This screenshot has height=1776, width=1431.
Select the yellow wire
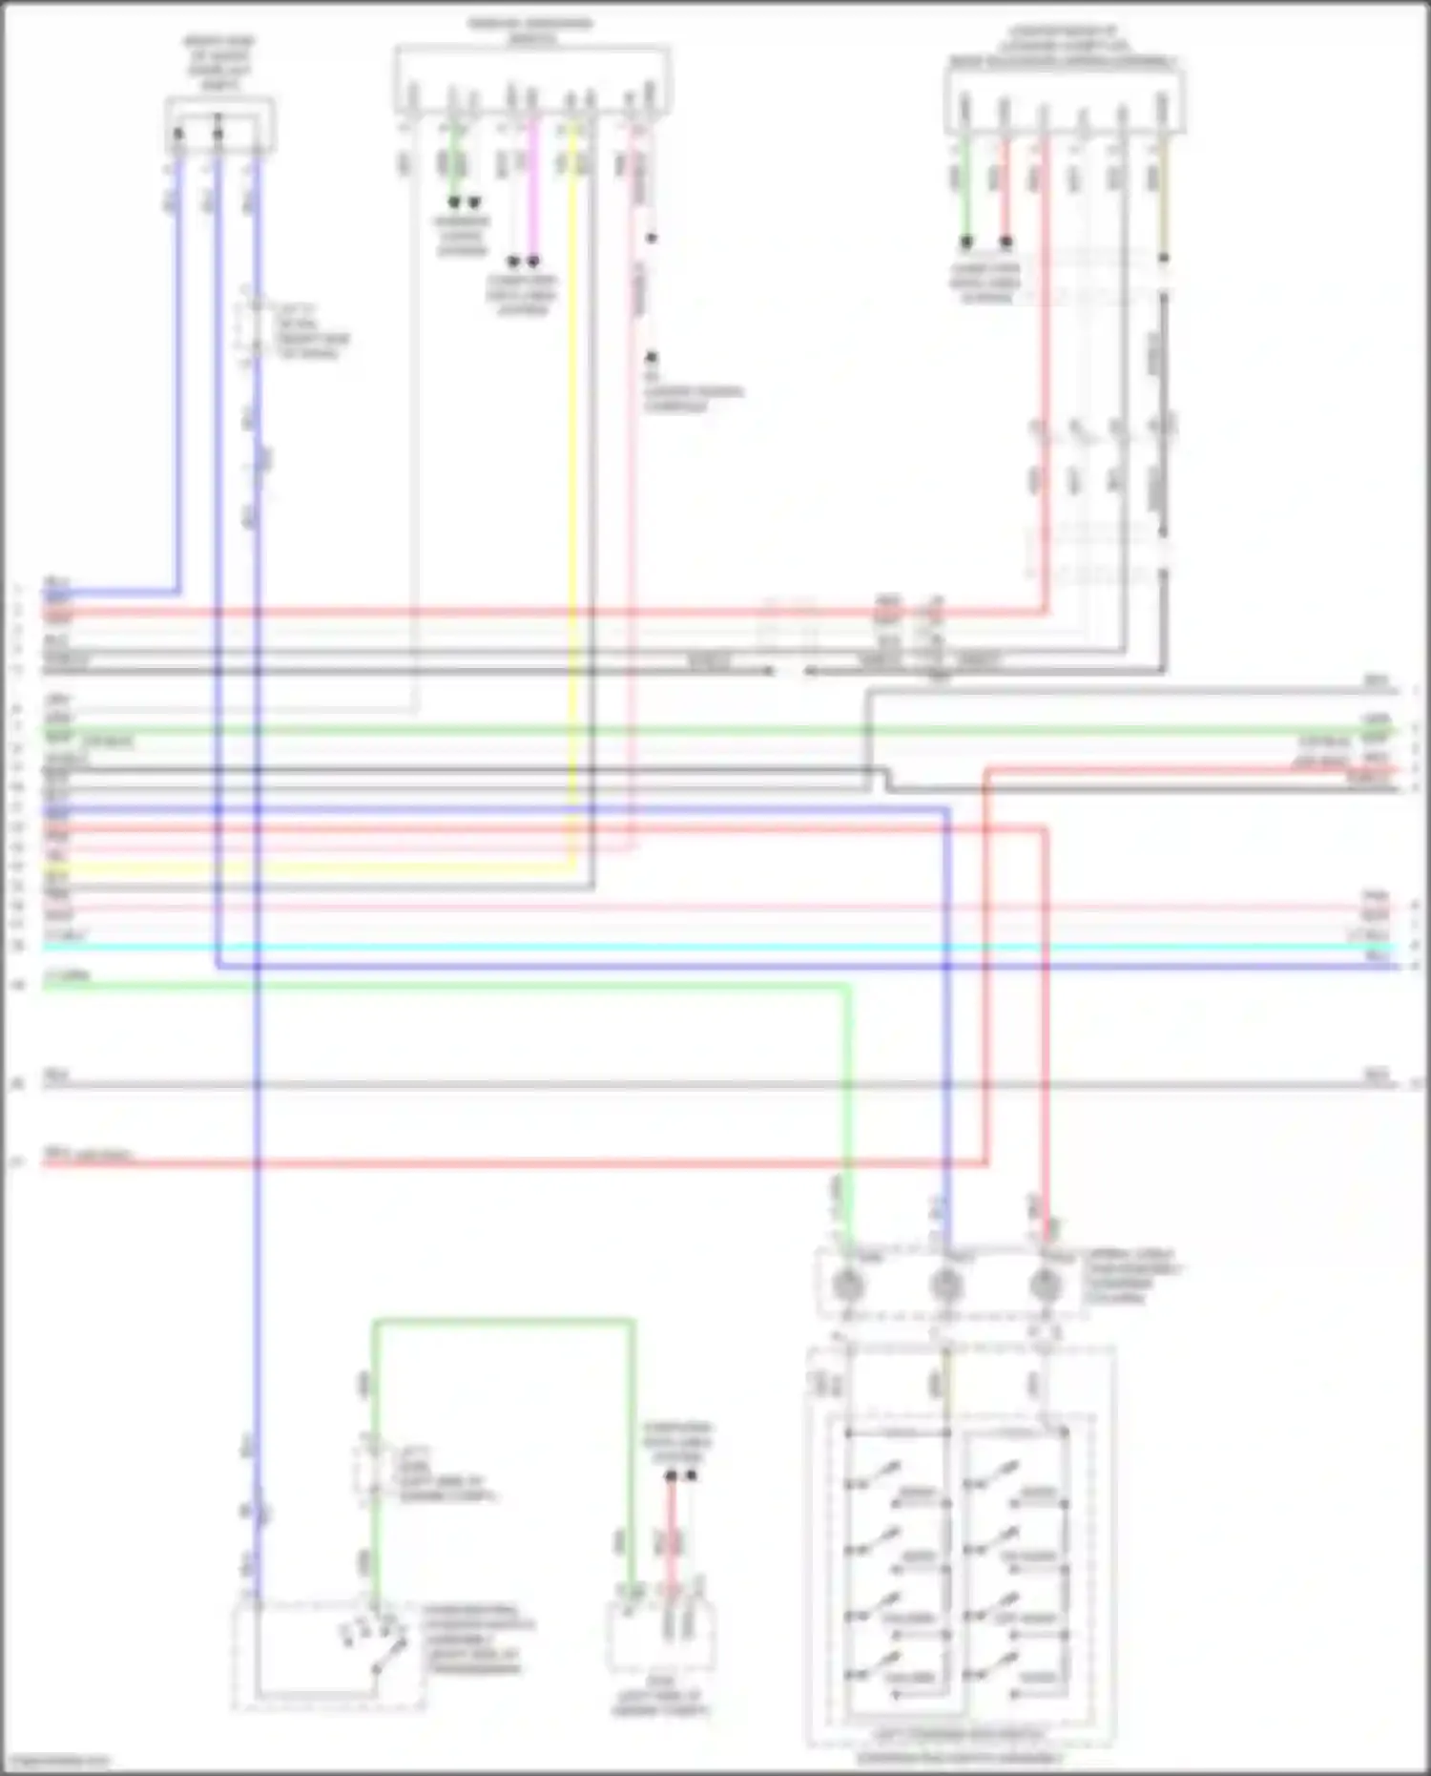[572, 477]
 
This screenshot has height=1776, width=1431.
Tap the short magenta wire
[533, 191]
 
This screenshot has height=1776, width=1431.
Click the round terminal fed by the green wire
[846, 1285]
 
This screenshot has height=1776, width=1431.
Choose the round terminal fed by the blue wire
[945, 1285]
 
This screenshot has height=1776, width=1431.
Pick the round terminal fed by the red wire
[1046, 1285]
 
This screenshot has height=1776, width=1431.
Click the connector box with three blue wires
[219, 125]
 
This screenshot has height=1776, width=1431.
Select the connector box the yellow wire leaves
[532, 80]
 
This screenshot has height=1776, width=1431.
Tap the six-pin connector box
[1065, 100]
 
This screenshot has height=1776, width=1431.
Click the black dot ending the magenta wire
[533, 261]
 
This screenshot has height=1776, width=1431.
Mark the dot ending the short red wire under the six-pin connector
[1006, 242]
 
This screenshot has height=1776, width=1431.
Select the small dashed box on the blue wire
[250, 324]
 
